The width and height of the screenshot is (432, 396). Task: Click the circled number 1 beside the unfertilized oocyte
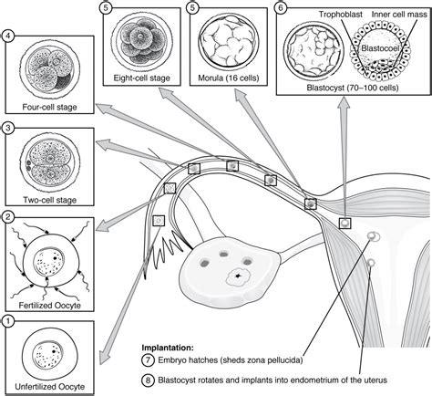(7, 320)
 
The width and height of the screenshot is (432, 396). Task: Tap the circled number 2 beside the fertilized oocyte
(7, 217)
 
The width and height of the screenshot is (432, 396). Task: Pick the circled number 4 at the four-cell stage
(7, 37)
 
